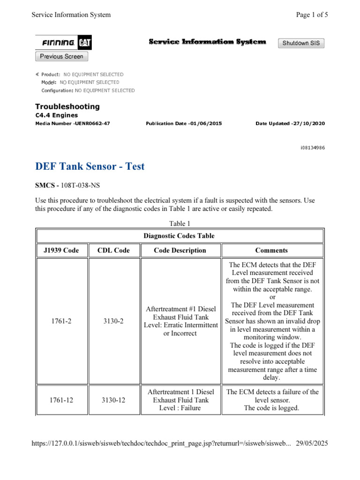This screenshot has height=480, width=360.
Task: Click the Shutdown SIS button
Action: click(x=301, y=43)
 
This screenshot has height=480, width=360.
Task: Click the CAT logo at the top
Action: click(x=85, y=43)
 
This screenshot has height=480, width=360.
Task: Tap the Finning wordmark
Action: click(x=59, y=43)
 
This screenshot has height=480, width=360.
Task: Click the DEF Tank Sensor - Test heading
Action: click(x=90, y=166)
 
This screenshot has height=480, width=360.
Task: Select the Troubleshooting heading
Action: click(x=67, y=106)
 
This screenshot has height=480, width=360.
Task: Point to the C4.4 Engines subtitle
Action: click(x=57, y=115)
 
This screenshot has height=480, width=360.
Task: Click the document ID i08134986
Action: click(x=313, y=148)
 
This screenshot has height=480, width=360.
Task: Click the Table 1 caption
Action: click(x=180, y=224)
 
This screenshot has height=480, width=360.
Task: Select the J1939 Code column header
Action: click(x=58, y=250)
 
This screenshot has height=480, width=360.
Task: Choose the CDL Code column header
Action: click(x=113, y=250)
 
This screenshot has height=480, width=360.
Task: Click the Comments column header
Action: click(x=271, y=250)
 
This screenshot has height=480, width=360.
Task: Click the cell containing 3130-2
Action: click(x=113, y=321)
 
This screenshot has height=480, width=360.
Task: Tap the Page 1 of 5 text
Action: click(x=312, y=15)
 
